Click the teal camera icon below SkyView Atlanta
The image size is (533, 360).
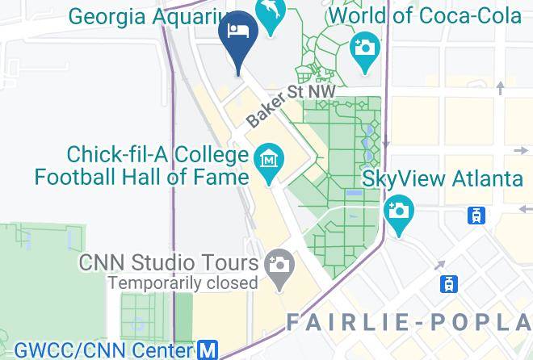tap(398, 211)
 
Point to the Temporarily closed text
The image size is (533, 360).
tap(183, 283)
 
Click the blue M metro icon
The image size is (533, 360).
tap(208, 350)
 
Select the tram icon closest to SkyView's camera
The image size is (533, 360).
tap(477, 215)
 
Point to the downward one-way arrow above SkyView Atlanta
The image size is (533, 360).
tap(385, 142)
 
